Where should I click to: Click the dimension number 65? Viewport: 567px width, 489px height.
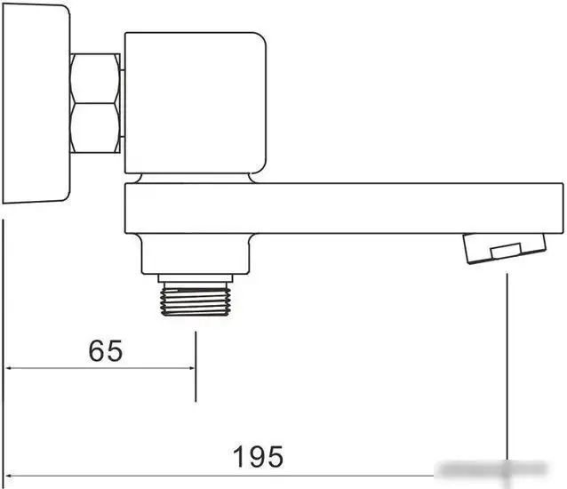tap(106, 351)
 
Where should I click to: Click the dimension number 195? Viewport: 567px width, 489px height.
tap(259, 457)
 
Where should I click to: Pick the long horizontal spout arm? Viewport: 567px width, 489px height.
tap(347, 207)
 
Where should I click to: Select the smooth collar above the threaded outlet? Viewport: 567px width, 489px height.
tap(197, 257)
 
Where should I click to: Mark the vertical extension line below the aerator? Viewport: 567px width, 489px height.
tap(507, 373)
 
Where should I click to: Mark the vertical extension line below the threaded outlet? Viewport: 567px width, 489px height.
tap(196, 365)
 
